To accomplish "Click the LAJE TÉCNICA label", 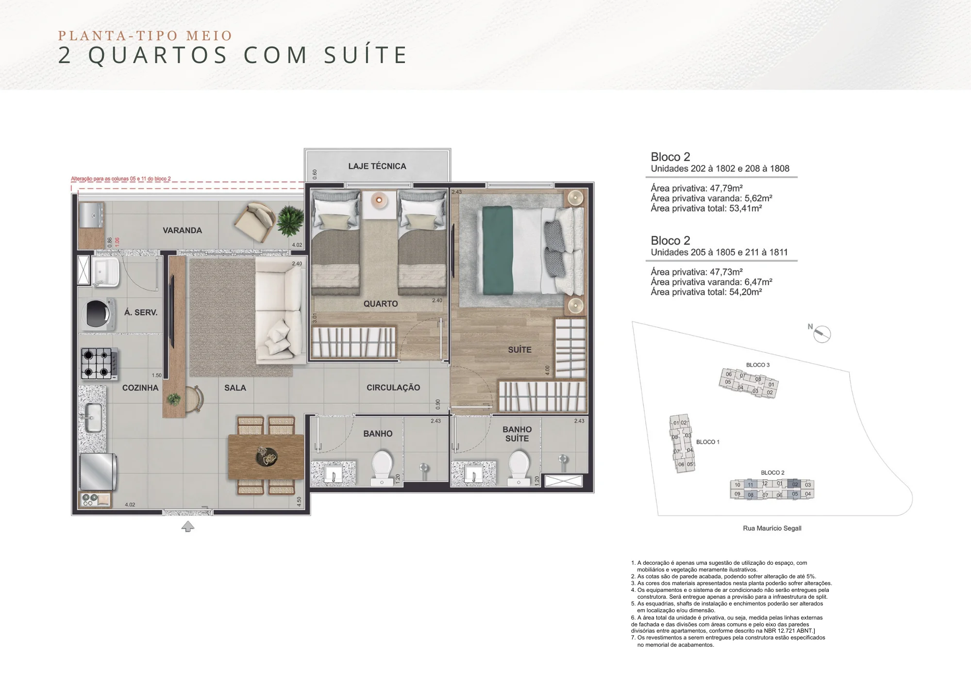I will [377, 166].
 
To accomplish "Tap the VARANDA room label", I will [182, 230].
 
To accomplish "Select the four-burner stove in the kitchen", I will [99, 363].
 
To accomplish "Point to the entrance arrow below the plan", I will [188, 526].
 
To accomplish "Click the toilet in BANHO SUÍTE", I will [519, 467].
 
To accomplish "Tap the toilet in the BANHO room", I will [382, 467].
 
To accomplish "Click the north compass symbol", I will [821, 334].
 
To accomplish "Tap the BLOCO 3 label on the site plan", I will [757, 365].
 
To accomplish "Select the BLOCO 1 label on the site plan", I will [707, 442].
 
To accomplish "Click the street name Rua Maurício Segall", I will [772, 528].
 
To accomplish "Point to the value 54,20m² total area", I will [745, 292].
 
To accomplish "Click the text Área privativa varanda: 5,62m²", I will [711, 198].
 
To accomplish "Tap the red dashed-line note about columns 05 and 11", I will [121, 179].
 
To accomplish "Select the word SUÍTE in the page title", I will [366, 55].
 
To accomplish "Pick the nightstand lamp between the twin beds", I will [379, 200].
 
